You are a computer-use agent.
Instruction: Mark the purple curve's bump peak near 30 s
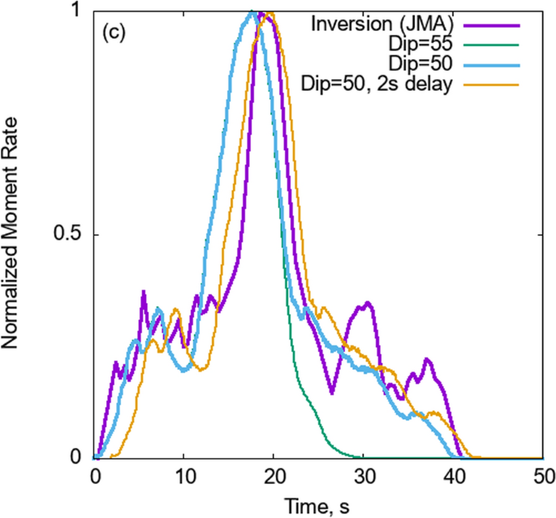[368, 303]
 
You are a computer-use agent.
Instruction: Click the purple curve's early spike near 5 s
[144, 291]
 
